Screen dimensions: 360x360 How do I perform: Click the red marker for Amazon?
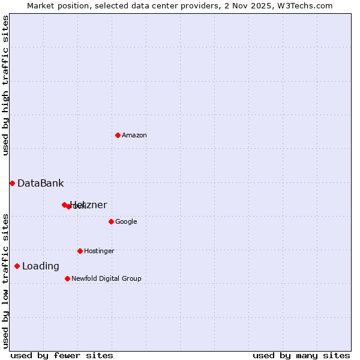tap(118, 135)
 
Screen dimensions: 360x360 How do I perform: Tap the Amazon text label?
tap(134, 136)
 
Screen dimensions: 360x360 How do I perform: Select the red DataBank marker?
tap(12, 183)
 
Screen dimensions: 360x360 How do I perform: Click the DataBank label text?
tap(40, 184)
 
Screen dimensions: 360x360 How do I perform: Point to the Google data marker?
tap(111, 221)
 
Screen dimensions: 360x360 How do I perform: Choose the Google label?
tap(126, 222)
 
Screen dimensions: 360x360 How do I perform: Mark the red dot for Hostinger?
tap(80, 251)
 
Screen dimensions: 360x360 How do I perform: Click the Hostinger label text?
tap(99, 251)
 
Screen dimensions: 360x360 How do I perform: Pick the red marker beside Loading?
tap(17, 266)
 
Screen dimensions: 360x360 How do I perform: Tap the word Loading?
tap(41, 266)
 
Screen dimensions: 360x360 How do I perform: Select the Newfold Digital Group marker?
tap(67, 278)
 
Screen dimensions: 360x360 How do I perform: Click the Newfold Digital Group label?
tap(106, 279)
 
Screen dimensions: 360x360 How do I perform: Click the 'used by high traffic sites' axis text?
tap(5, 85)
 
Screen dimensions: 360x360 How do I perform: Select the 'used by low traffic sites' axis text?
tap(5, 281)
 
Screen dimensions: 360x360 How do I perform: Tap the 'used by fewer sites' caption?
tap(62, 356)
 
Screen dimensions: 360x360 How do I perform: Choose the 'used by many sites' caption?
tap(301, 356)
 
